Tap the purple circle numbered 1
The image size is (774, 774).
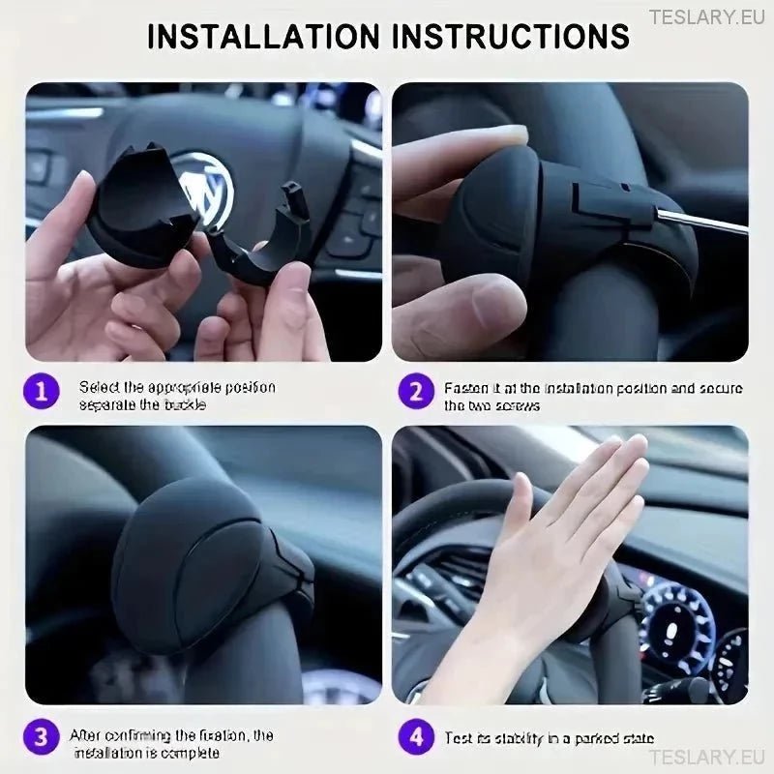coord(41,392)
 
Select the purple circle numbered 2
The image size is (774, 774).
coord(416,392)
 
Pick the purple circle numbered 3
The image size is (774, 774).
coord(41,737)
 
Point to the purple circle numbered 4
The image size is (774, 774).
coord(416,737)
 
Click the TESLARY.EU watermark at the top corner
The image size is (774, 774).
coord(708,16)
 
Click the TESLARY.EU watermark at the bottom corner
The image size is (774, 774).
coord(708,757)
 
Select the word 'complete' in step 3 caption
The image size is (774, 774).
coord(187,752)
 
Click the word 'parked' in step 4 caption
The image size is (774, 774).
coord(595,738)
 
